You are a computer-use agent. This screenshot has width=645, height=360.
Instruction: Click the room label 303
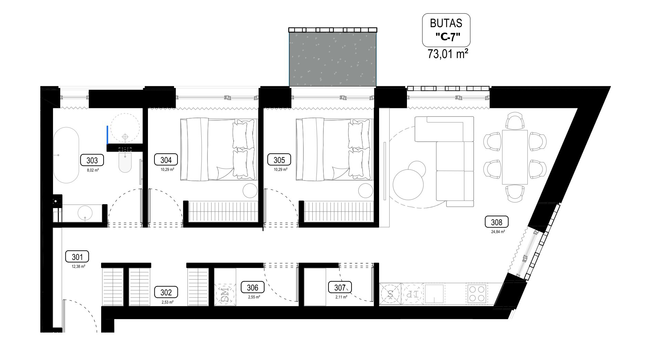92,160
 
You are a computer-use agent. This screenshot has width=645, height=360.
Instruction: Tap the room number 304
166,160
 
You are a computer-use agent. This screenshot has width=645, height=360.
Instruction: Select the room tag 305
279,160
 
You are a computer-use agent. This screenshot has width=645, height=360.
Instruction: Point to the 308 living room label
496,222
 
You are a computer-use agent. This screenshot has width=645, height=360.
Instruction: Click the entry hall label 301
77,257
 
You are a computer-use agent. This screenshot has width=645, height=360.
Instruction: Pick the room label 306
252,287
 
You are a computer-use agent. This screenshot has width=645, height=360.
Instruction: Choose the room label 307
340,287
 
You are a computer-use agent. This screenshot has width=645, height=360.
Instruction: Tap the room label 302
166,292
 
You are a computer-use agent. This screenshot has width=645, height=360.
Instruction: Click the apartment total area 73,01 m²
448,54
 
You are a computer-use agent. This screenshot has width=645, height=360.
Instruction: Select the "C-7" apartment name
448,37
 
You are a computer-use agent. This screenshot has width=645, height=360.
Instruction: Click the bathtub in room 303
66,155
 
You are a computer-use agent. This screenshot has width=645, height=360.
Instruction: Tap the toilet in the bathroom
125,163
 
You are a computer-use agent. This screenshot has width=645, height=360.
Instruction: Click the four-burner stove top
477,293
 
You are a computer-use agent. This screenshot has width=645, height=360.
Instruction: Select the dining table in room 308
515,157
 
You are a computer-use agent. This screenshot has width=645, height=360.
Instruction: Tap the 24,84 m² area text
498,232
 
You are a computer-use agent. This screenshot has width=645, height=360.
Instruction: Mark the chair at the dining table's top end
515,121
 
